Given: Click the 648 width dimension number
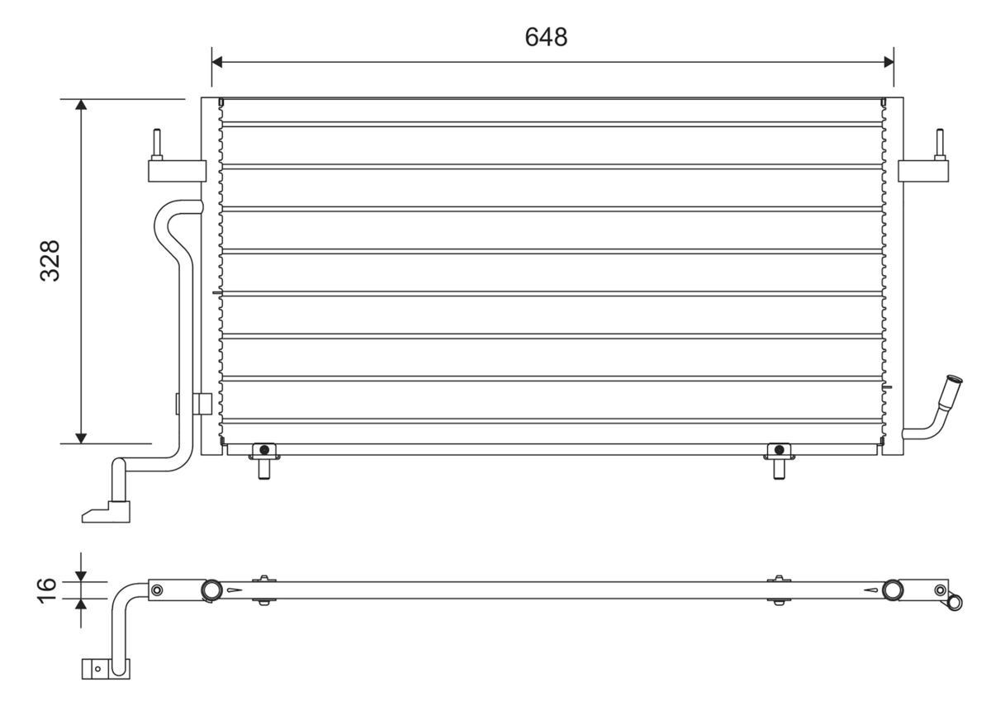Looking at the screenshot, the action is coord(546,37).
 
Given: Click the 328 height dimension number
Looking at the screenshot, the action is coord(50,260).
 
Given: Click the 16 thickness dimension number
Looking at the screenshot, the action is coord(47,590).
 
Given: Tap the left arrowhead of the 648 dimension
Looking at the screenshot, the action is coord(216,62).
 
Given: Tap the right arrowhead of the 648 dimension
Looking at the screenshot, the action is coord(889,62).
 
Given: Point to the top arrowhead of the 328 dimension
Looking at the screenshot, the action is coord(81,104).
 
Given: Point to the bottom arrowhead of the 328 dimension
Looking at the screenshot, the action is coord(81,438).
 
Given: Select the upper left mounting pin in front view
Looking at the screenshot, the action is coord(157,144).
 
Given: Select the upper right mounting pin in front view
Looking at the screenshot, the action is coord(940,144).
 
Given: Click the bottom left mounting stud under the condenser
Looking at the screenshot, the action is coord(264,462).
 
